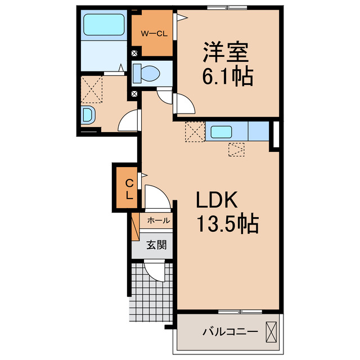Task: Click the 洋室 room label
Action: [224, 55]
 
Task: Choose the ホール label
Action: [159, 221]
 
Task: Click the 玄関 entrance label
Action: [156, 245]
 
